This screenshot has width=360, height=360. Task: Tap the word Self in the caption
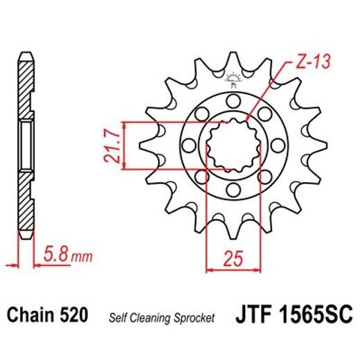point(119,318)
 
